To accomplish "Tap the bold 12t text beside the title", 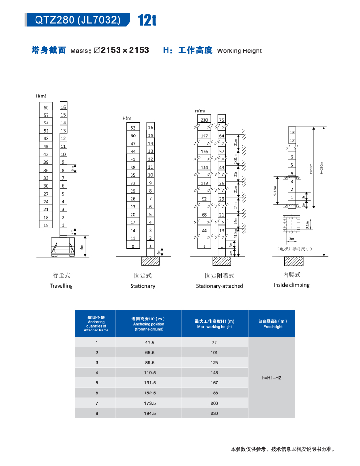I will [x=147, y=21].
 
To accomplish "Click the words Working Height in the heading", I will [x=240, y=50].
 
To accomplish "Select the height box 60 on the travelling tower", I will [x=46, y=107].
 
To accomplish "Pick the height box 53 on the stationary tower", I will [x=133, y=128].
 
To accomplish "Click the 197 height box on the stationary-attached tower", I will [x=204, y=136].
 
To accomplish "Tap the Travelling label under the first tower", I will [x=61, y=286].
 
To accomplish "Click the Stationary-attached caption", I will [x=219, y=286].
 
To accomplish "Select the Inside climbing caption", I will [x=291, y=285].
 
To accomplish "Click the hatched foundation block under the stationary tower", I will [x=150, y=261].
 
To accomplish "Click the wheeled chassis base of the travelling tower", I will [x=61, y=247].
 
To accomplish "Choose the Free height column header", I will [x=272, y=324].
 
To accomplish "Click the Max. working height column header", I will [x=215, y=324].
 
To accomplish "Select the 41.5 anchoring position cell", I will [x=150, y=342].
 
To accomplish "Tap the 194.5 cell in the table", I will [x=150, y=413].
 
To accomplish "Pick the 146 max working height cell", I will [x=214, y=373].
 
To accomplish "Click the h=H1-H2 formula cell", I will [x=272, y=378].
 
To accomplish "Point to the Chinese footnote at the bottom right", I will [x=282, y=450].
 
